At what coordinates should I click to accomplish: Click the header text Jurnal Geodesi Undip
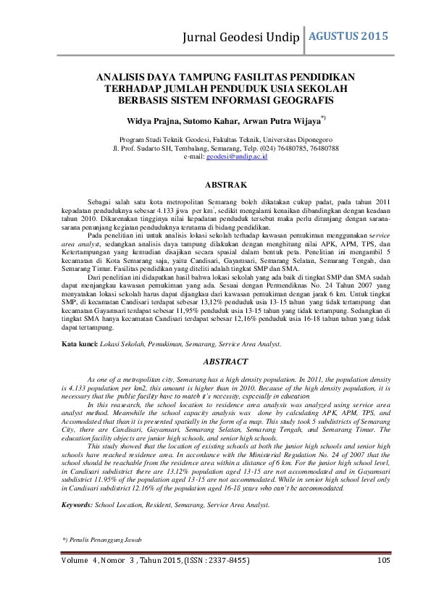[243, 38]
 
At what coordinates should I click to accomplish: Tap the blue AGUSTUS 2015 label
[349, 35]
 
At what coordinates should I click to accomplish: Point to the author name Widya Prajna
[155, 118]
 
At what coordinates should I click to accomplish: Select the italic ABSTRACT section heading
[226, 361]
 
